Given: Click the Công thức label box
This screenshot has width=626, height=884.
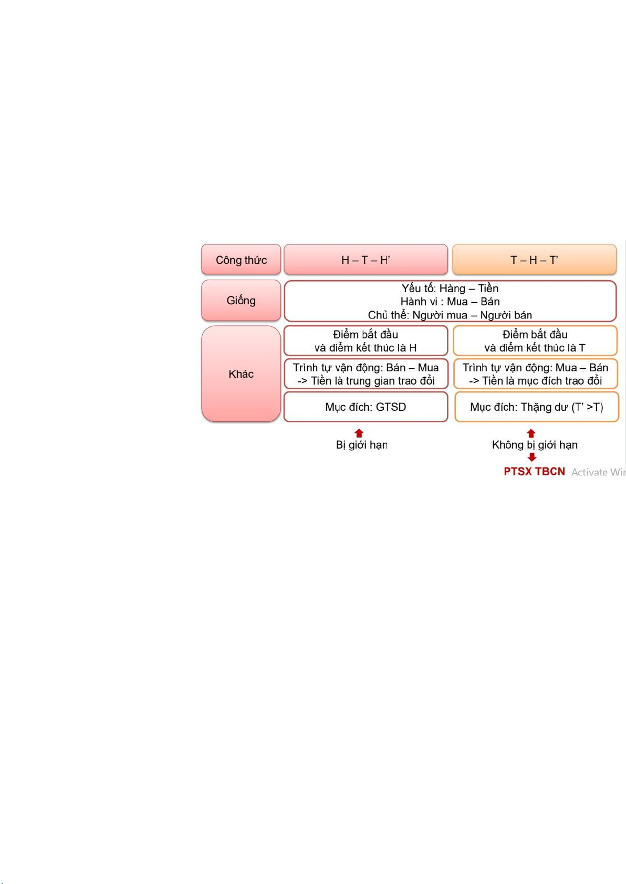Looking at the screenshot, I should [241, 260].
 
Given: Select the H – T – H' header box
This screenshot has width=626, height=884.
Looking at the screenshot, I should [366, 260].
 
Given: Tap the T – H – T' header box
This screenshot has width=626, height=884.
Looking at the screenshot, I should [534, 260].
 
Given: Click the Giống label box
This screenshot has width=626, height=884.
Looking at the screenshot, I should [241, 301].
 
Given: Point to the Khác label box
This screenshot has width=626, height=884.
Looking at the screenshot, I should [241, 374].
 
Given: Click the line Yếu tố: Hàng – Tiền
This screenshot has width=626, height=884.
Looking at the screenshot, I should [450, 289].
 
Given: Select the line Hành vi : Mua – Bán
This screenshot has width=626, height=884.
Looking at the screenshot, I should [450, 302].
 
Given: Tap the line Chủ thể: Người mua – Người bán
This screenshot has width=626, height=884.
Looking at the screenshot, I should [450, 315].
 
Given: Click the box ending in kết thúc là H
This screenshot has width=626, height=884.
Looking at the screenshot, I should [366, 341].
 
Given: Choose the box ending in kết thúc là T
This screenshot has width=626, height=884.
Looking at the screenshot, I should [535, 341].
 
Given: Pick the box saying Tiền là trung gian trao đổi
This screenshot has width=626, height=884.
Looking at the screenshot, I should [366, 374].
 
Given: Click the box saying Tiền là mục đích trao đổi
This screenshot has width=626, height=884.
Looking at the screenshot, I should [535, 374].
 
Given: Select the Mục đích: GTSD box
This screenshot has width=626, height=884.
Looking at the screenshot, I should [366, 407].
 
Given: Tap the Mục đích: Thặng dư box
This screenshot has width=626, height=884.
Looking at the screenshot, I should [536, 407].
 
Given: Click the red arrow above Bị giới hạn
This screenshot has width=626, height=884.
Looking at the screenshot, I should [359, 433].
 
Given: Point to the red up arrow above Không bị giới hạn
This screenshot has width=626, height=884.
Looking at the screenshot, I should [531, 433].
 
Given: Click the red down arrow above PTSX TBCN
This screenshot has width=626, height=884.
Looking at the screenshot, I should [532, 457].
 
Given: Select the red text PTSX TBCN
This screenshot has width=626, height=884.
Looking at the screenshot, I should [534, 472].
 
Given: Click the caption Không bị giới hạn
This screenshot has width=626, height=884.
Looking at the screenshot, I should [535, 445].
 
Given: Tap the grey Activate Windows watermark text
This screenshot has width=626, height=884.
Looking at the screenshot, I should [598, 472].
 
